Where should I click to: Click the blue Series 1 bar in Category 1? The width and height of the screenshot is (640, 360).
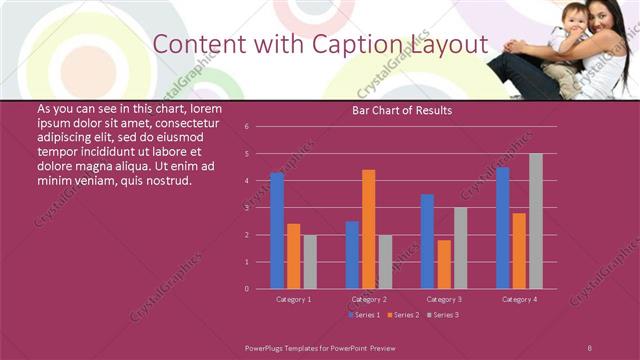tap(277, 231)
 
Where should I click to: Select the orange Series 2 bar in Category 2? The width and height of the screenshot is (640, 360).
tap(369, 229)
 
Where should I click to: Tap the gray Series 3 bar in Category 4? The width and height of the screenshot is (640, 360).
tap(536, 221)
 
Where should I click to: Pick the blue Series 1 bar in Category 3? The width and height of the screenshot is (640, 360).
tap(427, 242)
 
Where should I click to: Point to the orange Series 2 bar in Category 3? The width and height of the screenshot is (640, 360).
tap(444, 264)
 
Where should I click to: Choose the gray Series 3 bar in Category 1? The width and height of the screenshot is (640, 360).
tap(310, 262)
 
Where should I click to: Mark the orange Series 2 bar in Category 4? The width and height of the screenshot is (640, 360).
tap(519, 251)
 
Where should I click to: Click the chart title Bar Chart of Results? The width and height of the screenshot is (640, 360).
tap(402, 110)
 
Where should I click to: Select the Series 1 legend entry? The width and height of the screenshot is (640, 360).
tap(364, 315)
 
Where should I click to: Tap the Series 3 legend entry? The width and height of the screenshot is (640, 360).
tap(442, 315)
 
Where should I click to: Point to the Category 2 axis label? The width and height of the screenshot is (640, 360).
tap(369, 299)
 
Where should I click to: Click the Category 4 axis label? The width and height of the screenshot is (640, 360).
tap(519, 299)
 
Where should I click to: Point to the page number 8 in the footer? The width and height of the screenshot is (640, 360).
tap(589, 347)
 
